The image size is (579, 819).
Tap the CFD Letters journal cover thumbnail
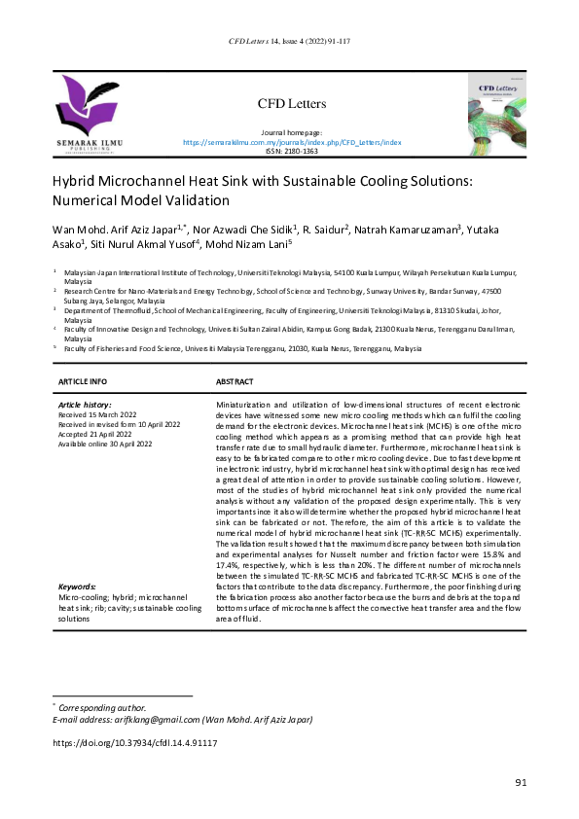click(508, 115)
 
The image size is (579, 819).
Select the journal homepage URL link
click(292, 142)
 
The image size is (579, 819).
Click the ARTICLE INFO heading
click(84, 382)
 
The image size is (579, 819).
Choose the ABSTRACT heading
click(235, 382)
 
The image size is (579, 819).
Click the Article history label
click(85, 404)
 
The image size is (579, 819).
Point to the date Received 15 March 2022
click(101, 414)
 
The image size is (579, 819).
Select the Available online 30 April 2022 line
click(106, 444)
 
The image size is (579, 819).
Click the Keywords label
click(77, 588)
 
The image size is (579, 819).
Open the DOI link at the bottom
click(134, 743)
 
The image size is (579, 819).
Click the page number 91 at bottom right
click(521, 783)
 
